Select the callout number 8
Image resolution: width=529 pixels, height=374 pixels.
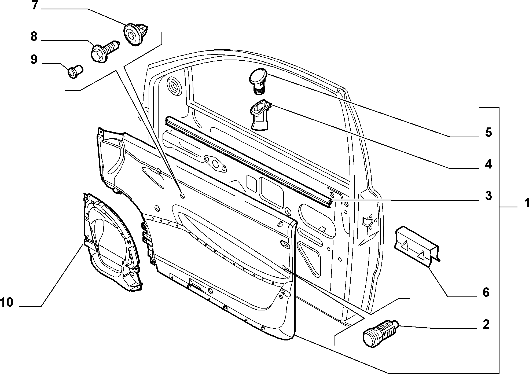click(34, 36)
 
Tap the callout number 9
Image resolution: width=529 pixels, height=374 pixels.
click(34, 60)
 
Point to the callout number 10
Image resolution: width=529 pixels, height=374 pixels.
click(7, 303)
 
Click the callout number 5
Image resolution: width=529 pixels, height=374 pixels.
click(488, 133)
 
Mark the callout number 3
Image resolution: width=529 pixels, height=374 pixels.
click(488, 196)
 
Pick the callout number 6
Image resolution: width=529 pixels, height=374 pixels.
click(486, 292)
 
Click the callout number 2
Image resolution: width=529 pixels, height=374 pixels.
click(486, 324)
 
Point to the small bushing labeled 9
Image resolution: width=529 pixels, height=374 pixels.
click(75, 71)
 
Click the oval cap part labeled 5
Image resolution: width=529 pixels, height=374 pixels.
click(258, 81)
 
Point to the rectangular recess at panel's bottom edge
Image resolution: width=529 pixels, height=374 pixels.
click(198, 285)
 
